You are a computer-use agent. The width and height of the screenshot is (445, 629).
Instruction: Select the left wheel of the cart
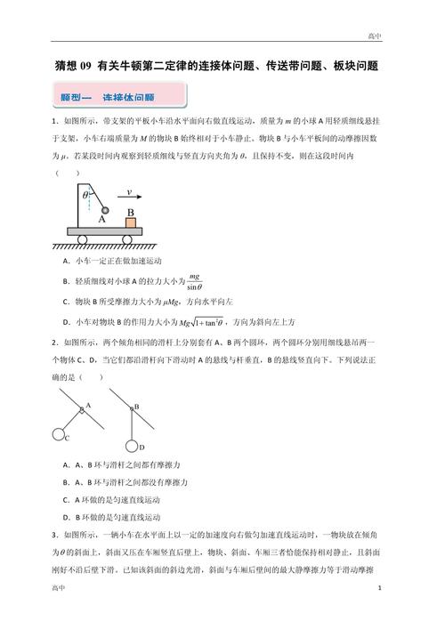point(81,238)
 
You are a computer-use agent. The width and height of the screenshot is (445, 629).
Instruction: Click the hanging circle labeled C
point(61,435)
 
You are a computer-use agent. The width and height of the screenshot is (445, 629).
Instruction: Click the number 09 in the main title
point(85,65)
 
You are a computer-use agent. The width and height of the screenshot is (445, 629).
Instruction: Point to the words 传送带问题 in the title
point(283,65)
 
